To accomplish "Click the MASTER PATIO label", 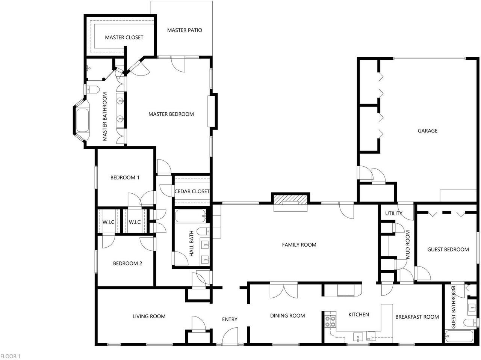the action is tap(185, 30).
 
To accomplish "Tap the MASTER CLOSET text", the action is tap(124, 38).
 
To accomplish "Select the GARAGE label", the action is tap(427, 131).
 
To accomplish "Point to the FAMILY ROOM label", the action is tap(299, 245).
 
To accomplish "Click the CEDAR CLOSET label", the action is tap(192, 191).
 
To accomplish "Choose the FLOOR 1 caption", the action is tap(10, 356).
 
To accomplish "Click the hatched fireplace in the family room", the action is tap(290, 200).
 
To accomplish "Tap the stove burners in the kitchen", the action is tap(330, 321).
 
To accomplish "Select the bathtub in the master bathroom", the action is tap(82, 121).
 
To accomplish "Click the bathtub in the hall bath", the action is tap(191, 216).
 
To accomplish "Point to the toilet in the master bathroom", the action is tap(93, 89).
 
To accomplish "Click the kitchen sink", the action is tap(358, 337).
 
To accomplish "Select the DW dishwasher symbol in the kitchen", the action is tap(371, 336).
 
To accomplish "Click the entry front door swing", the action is tap(230, 336).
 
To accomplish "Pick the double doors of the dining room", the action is tap(284, 290).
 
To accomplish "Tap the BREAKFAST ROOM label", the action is tap(417, 317).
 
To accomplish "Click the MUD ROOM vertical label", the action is tap(408, 244).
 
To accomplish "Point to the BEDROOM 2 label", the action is tap(127, 263).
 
